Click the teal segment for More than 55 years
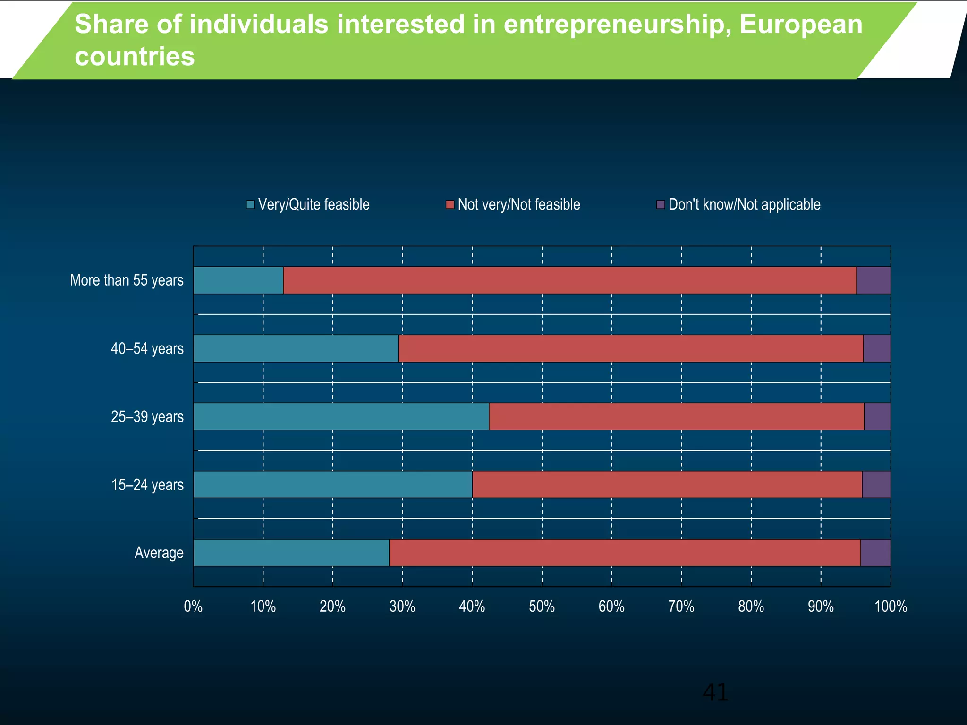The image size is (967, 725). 238,280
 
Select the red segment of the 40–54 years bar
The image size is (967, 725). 631,348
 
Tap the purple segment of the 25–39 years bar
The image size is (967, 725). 877,416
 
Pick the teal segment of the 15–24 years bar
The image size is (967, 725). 333,485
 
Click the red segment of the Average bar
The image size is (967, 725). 625,553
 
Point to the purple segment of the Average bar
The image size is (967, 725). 875,553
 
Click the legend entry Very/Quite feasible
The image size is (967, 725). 308,204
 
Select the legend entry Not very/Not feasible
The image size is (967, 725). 513,204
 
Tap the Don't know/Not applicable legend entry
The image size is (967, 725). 739,204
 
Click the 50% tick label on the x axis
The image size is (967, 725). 542,607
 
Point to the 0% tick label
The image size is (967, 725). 193,607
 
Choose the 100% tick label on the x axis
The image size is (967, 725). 891,607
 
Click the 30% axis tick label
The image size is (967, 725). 402,607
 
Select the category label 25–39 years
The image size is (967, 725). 147,417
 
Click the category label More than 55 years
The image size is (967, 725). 127,280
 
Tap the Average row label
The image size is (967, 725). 159,553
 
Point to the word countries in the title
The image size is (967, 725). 135,57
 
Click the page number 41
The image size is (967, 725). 715,692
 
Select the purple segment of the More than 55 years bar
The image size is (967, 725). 873,280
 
